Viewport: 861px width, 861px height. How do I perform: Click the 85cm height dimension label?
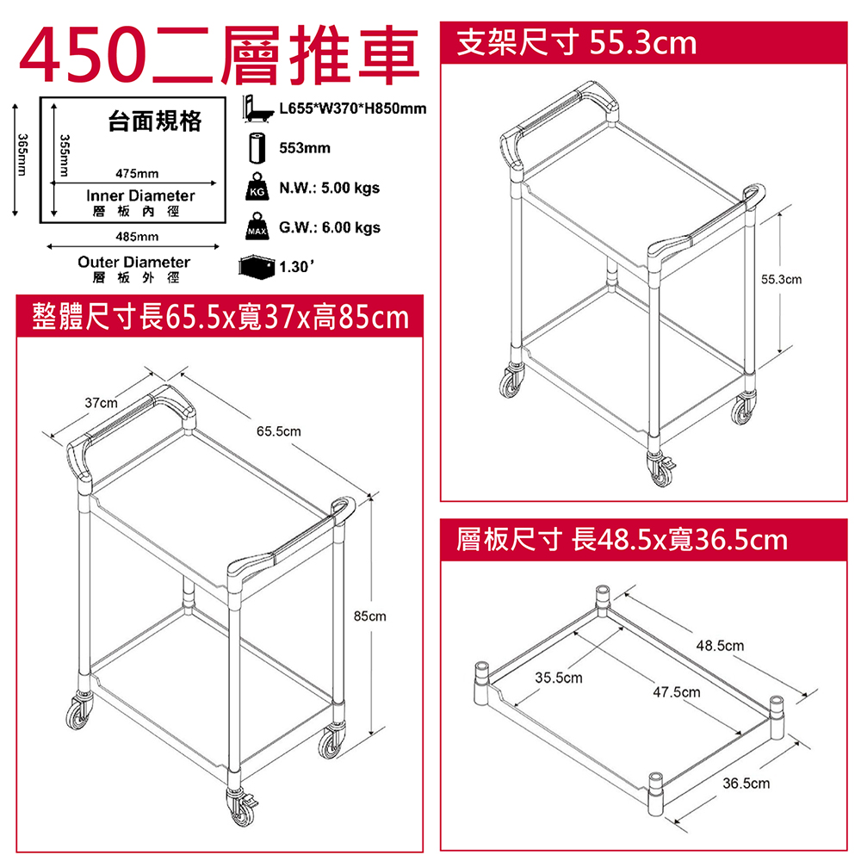369,616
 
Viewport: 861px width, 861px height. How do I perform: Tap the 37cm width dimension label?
101,403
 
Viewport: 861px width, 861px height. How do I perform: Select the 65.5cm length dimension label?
278,431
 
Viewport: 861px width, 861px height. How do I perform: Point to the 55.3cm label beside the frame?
781,280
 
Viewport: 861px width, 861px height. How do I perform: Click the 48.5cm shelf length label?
720,646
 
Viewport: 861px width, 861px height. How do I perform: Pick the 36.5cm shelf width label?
746,783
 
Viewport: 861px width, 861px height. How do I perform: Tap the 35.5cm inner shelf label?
559,678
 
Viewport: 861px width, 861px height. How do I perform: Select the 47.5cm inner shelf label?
677,692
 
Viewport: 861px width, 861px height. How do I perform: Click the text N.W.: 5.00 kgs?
330,189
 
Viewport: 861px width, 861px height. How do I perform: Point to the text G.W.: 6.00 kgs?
330,227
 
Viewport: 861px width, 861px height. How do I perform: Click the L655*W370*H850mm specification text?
352,108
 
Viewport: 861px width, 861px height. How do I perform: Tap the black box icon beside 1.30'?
257,268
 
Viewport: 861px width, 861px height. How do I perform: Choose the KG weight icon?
257,186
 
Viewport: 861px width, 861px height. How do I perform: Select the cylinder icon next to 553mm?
257,148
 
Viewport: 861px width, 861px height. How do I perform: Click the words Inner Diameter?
140,196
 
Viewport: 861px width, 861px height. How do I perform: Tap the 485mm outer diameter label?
137,237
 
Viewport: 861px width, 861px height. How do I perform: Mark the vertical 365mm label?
22,155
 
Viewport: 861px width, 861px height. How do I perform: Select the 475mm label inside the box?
137,174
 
